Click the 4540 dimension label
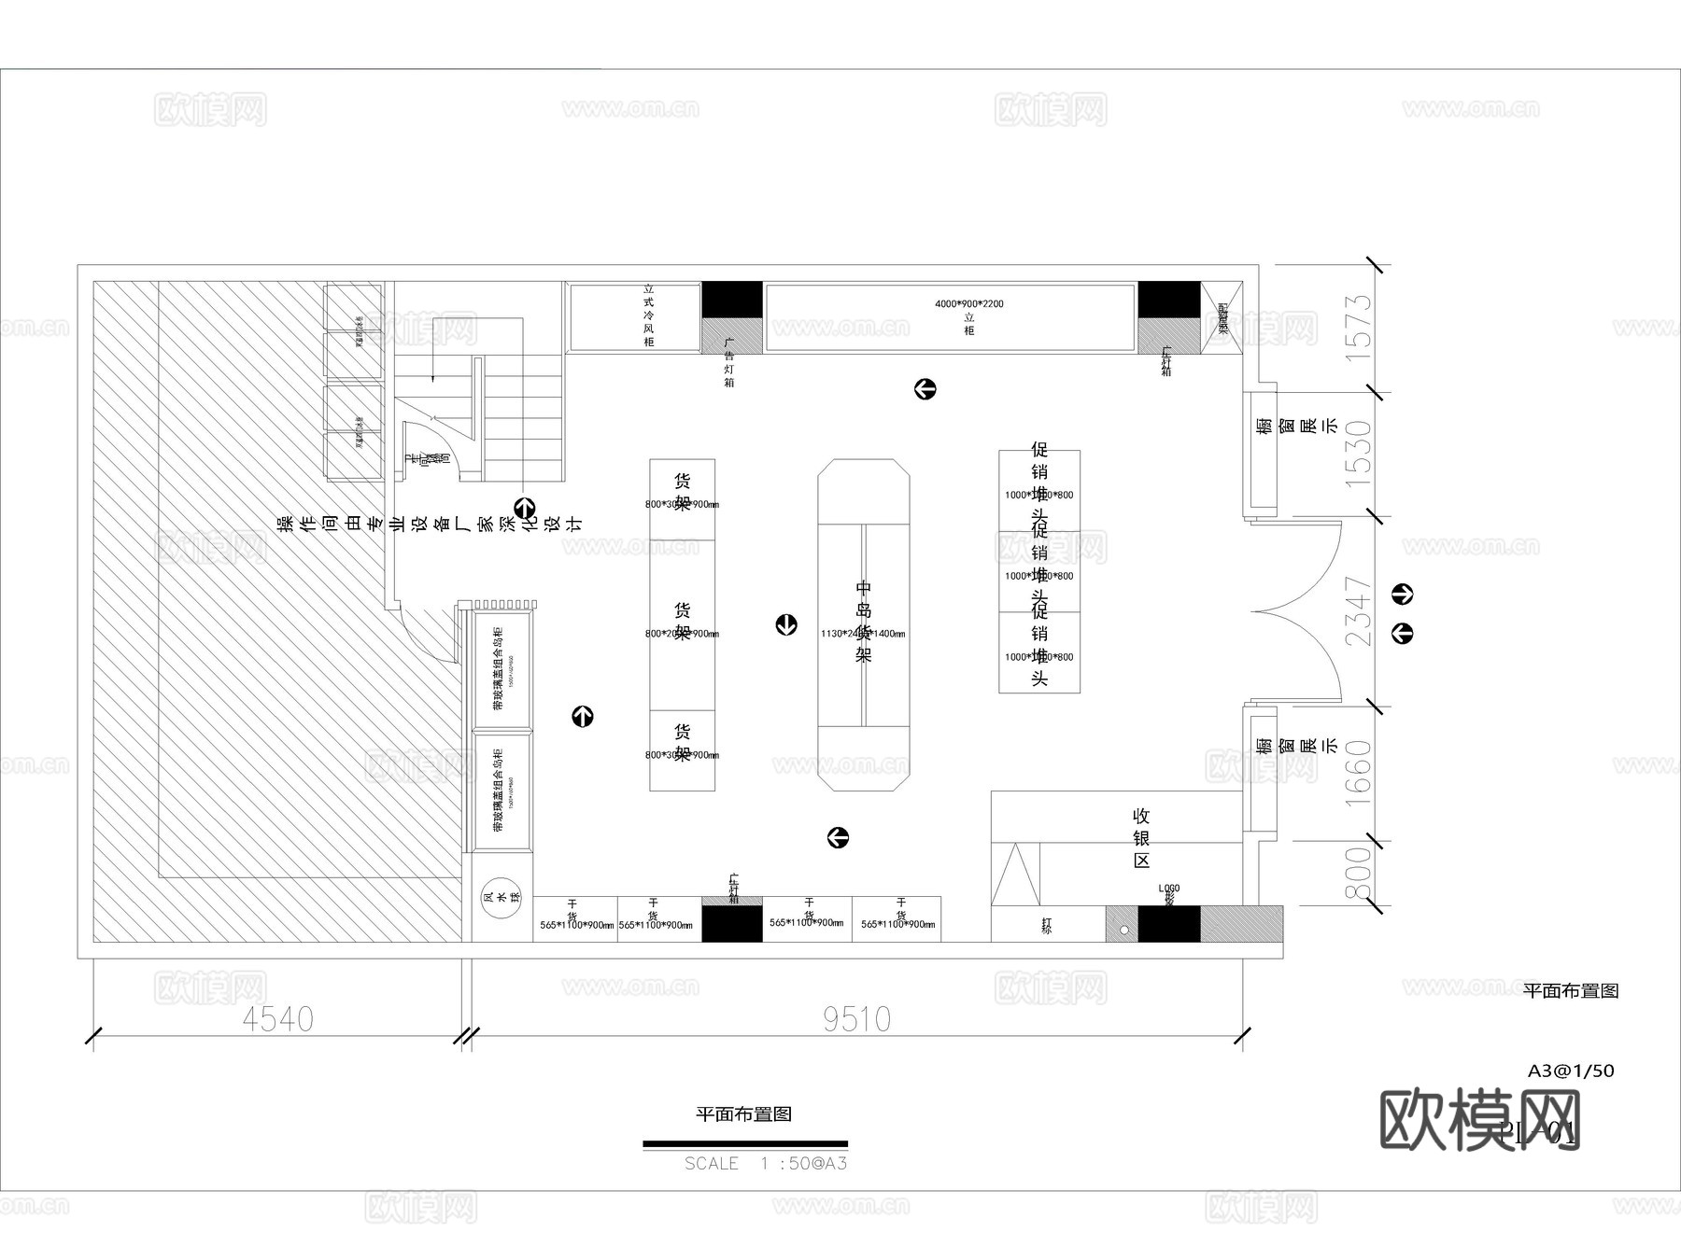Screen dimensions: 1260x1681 [x=277, y=1019]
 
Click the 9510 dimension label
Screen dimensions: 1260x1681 [x=856, y=1019]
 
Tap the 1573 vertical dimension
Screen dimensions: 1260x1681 [x=1360, y=322]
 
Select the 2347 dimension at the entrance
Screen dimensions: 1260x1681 [x=1360, y=611]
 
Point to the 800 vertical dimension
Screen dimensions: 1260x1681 [x=1360, y=874]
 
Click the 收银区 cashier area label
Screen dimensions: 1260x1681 [x=1141, y=838]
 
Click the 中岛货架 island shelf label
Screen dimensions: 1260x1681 [x=864, y=621]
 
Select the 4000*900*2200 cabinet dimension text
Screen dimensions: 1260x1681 [x=968, y=304]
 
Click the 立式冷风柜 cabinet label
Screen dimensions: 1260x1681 [x=648, y=315]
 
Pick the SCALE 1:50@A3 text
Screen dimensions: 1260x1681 [x=765, y=1164]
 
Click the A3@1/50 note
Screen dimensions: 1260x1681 [x=1571, y=1071]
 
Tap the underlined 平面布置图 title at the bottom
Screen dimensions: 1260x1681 [x=744, y=1113]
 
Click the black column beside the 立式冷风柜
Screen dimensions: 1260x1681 [x=731, y=299]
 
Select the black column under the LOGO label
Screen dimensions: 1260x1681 [x=1168, y=924]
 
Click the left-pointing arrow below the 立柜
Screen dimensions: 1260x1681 [x=925, y=389]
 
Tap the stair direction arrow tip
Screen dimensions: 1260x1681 [x=433, y=378]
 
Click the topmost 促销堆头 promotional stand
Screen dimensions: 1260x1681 [x=1039, y=490]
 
